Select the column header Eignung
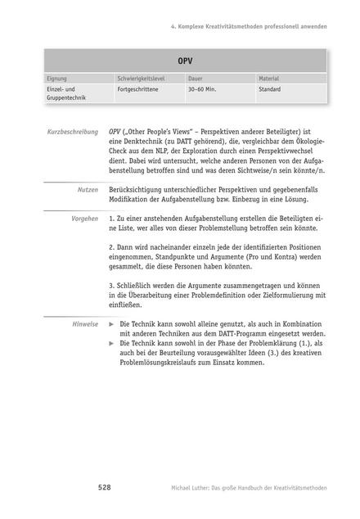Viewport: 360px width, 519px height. [58, 79]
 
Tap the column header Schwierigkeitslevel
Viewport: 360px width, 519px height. [144, 79]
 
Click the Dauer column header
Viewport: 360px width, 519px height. [196, 79]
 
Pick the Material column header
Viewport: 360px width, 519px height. [270, 79]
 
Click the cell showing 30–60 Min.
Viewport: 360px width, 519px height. [204, 89]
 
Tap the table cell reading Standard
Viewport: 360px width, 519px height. [270, 89]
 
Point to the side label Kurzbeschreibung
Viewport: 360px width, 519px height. [72, 132]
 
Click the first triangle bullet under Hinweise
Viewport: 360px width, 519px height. [112, 325]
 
